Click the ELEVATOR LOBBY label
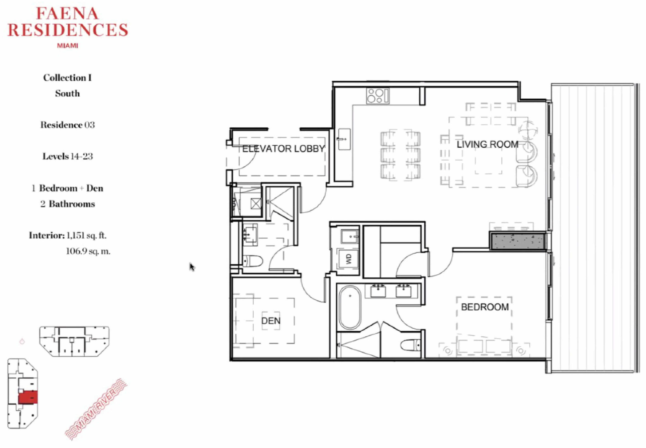pos(283,148)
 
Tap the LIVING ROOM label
pos(488,144)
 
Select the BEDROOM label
pos(485,307)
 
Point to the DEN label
pos(271,321)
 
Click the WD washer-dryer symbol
pos(348,259)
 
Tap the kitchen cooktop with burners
pos(378,96)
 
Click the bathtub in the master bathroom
pos(350,307)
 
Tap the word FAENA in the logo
pos(67,13)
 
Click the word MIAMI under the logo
pos(67,45)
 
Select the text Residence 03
pos(67,125)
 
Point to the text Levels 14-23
pos(67,156)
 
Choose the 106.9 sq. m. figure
pos(88,251)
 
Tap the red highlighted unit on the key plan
pos(28,397)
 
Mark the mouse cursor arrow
pos(192,267)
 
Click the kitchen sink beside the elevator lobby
pos(344,139)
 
